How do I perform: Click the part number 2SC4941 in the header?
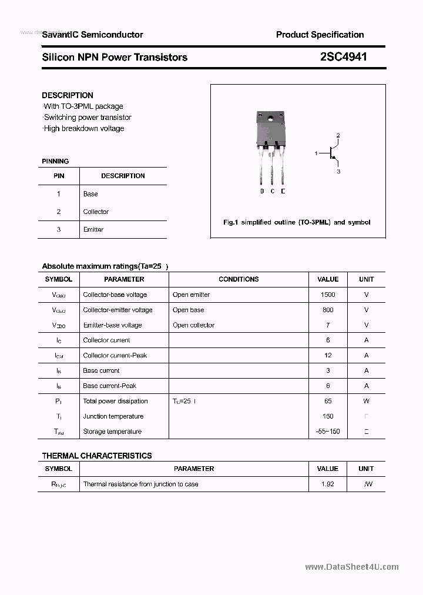click(344, 57)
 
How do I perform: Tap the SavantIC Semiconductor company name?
click(92, 35)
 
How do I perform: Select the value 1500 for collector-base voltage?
click(328, 295)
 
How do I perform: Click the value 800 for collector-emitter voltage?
click(328, 310)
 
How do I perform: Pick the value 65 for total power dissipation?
click(328, 401)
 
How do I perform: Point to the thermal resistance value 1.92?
click(328, 484)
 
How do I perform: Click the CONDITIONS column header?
click(239, 279)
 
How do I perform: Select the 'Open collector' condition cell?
click(193, 325)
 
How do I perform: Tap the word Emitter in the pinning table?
click(93, 229)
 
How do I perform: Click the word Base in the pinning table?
click(90, 193)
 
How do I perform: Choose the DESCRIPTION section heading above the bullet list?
click(68, 95)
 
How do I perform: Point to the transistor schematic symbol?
click(333, 153)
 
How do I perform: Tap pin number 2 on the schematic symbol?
click(338, 136)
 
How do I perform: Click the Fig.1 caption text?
click(297, 222)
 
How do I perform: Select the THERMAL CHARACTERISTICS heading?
click(97, 456)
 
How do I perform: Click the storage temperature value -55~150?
click(328, 432)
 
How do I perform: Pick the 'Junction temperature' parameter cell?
click(113, 416)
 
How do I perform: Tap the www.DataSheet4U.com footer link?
click(352, 567)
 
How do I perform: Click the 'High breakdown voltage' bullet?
click(83, 128)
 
